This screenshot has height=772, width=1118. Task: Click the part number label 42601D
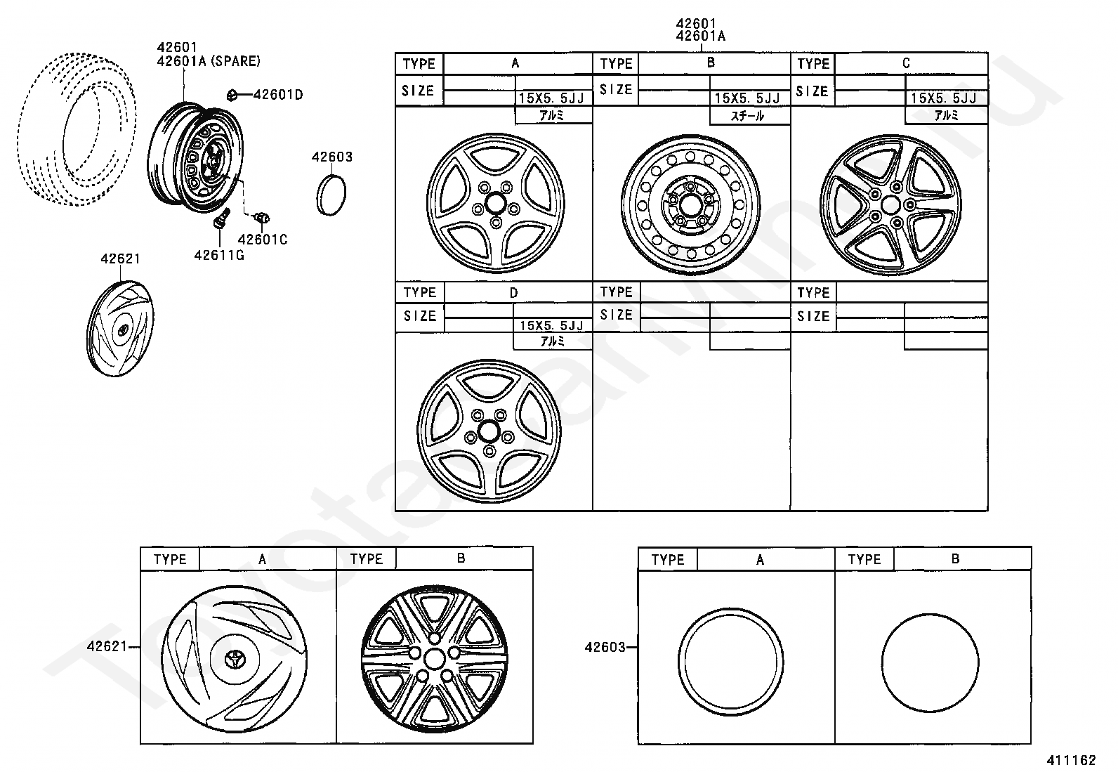(x=277, y=94)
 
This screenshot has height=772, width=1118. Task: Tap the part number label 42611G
(x=219, y=254)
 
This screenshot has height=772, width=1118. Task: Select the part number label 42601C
(x=263, y=240)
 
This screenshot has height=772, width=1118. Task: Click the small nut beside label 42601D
(x=233, y=94)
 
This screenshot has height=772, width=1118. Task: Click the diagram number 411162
(x=1071, y=760)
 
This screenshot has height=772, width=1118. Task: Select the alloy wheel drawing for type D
(x=490, y=431)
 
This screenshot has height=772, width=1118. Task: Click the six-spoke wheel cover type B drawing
(x=435, y=657)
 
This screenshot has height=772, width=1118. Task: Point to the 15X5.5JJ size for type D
(x=551, y=325)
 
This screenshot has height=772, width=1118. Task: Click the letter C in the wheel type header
(x=905, y=63)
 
